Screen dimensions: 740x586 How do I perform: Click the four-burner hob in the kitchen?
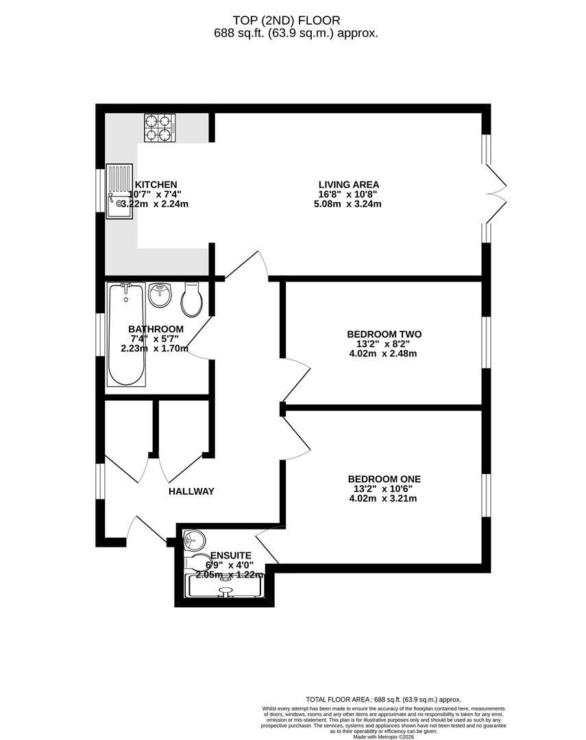click(x=160, y=127)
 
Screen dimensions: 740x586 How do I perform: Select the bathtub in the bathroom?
click(x=127, y=335)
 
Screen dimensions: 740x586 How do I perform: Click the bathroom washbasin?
click(x=160, y=296)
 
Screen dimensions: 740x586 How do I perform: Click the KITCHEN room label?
click(x=156, y=185)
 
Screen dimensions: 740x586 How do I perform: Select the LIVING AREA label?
click(x=348, y=184)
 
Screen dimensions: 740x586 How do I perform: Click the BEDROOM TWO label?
click(x=384, y=334)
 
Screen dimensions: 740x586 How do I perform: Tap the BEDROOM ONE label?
click(x=384, y=479)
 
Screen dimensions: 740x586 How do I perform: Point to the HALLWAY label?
click(x=191, y=491)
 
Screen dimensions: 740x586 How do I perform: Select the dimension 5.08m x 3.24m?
click(x=349, y=204)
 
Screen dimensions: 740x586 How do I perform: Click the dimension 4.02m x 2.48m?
click(x=384, y=354)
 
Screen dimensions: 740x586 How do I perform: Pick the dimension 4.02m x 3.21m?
click(x=384, y=498)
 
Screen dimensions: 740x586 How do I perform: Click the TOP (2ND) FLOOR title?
click(x=295, y=21)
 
